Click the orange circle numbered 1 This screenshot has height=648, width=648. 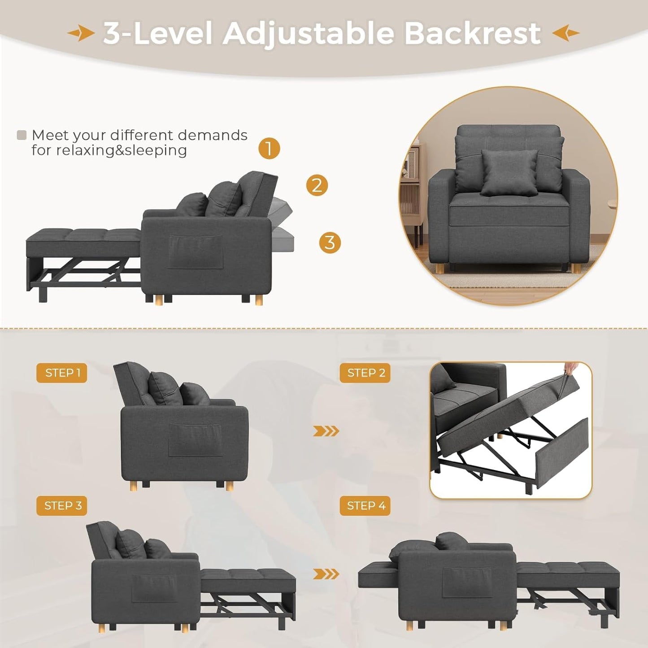click(x=269, y=148)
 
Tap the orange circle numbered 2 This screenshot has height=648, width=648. click(x=317, y=185)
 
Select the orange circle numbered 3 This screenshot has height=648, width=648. click(x=330, y=243)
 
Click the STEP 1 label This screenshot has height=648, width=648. click(x=62, y=373)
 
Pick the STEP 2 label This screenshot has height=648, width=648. click(x=365, y=373)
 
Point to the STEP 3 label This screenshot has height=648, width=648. click(x=62, y=505)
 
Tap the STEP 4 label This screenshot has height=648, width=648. click(x=365, y=505)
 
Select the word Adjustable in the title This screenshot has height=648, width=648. click(x=309, y=33)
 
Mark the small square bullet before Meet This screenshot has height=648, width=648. click(x=22, y=135)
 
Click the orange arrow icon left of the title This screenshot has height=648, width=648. click(x=81, y=33)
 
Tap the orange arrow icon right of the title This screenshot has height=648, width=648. click(x=566, y=33)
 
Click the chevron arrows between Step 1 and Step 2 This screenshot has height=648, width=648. click(x=326, y=431)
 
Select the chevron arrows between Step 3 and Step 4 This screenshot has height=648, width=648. click(x=326, y=574)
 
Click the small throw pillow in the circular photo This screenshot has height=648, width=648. click(x=509, y=173)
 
